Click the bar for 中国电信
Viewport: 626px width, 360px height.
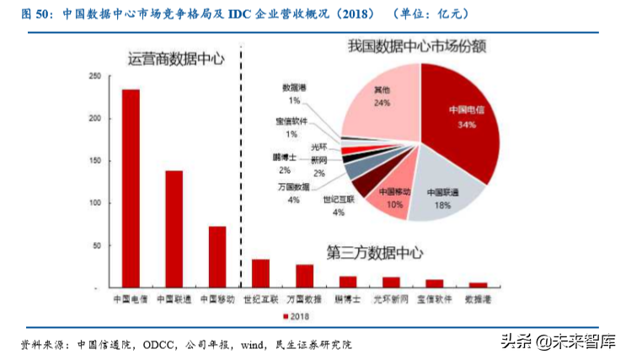click(131, 188)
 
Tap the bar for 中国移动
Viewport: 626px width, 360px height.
click(217, 256)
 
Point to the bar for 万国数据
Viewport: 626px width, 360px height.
click(304, 276)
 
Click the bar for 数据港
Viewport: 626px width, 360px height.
click(478, 285)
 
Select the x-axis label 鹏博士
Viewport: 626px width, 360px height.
click(347, 298)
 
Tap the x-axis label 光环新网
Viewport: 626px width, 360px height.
click(391, 298)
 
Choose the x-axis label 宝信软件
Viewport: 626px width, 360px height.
click(435, 298)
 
